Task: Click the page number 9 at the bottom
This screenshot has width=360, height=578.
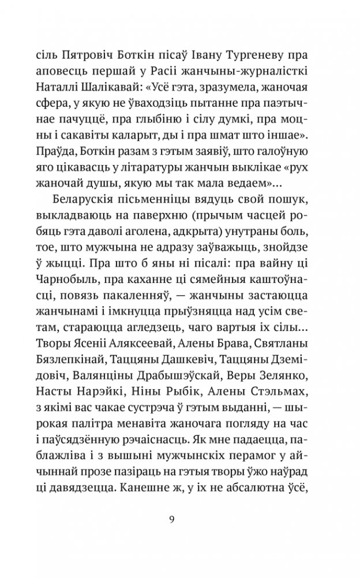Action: (180, 518)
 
